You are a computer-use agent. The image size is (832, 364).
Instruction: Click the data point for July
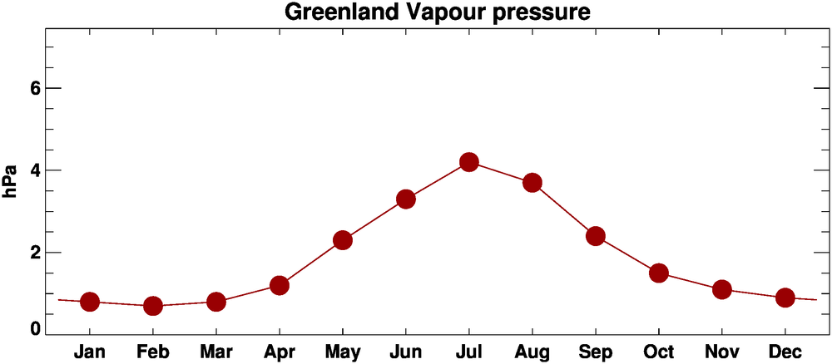pyautogui.click(x=469, y=162)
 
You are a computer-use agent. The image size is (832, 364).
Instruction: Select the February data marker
pyautogui.click(x=153, y=306)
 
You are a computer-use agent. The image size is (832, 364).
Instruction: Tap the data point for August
pyautogui.click(x=532, y=183)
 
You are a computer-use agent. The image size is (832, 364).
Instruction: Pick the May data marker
pyautogui.click(x=343, y=240)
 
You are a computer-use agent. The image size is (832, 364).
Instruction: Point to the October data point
pyautogui.click(x=659, y=273)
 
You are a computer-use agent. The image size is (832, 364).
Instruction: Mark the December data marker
pyautogui.click(x=785, y=298)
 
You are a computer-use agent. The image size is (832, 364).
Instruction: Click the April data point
pyautogui.click(x=280, y=285)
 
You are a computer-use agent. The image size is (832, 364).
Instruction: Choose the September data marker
pyautogui.click(x=596, y=236)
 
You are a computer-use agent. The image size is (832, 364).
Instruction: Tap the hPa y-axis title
pyautogui.click(x=11, y=180)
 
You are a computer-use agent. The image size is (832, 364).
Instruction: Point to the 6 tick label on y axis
pyautogui.click(x=34, y=88)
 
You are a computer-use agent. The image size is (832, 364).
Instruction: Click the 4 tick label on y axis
pyautogui.click(x=34, y=170)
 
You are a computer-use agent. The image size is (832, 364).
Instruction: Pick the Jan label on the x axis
pyautogui.click(x=90, y=352)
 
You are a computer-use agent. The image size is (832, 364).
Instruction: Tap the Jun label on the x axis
pyautogui.click(x=405, y=352)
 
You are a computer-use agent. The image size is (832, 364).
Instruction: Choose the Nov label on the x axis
pyautogui.click(x=721, y=352)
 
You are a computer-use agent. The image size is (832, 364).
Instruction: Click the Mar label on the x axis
pyautogui.click(x=216, y=352)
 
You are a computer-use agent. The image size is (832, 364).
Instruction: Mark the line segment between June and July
pyautogui.click(x=438, y=180)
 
